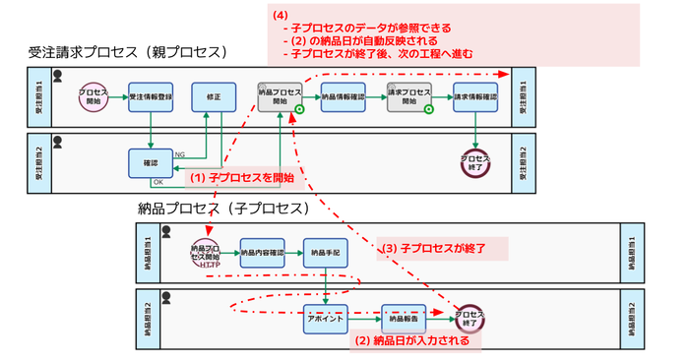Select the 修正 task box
(214, 97)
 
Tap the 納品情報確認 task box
(343, 97)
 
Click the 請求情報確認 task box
(475, 97)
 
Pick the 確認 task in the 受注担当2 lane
(151, 162)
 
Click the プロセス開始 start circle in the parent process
(94, 97)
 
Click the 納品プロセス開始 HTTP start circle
(207, 254)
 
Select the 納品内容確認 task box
(262, 253)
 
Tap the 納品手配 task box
(325, 253)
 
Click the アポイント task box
(326, 319)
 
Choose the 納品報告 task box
(404, 319)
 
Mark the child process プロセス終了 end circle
(470, 319)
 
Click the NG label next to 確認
(179, 154)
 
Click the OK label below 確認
(157, 183)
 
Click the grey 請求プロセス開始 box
(407, 97)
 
